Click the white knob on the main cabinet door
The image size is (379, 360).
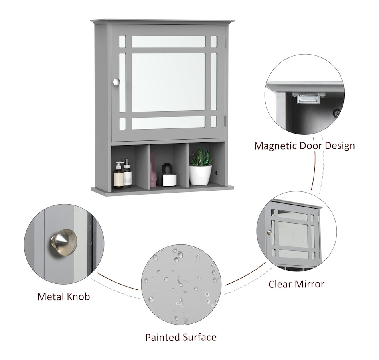tap(116, 82)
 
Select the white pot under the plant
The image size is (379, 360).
tap(200, 175)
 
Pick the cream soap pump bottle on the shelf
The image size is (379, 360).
tap(118, 176)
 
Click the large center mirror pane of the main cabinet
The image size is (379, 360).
tap(168, 83)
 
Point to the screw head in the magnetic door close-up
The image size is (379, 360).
tap(336, 112)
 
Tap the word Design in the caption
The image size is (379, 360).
tap(340, 146)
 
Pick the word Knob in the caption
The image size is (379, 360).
tap(78, 297)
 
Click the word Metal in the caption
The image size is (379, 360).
tap(51, 297)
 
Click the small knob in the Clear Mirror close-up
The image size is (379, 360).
tap(270, 232)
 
